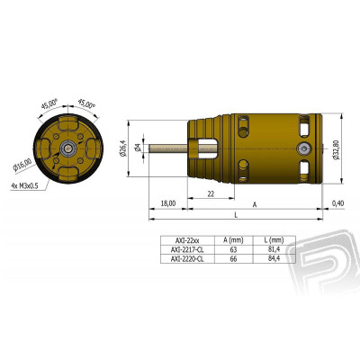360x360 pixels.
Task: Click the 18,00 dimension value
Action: pyautogui.click(x=167, y=203)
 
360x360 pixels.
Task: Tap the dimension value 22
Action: pyautogui.click(x=209, y=194)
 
